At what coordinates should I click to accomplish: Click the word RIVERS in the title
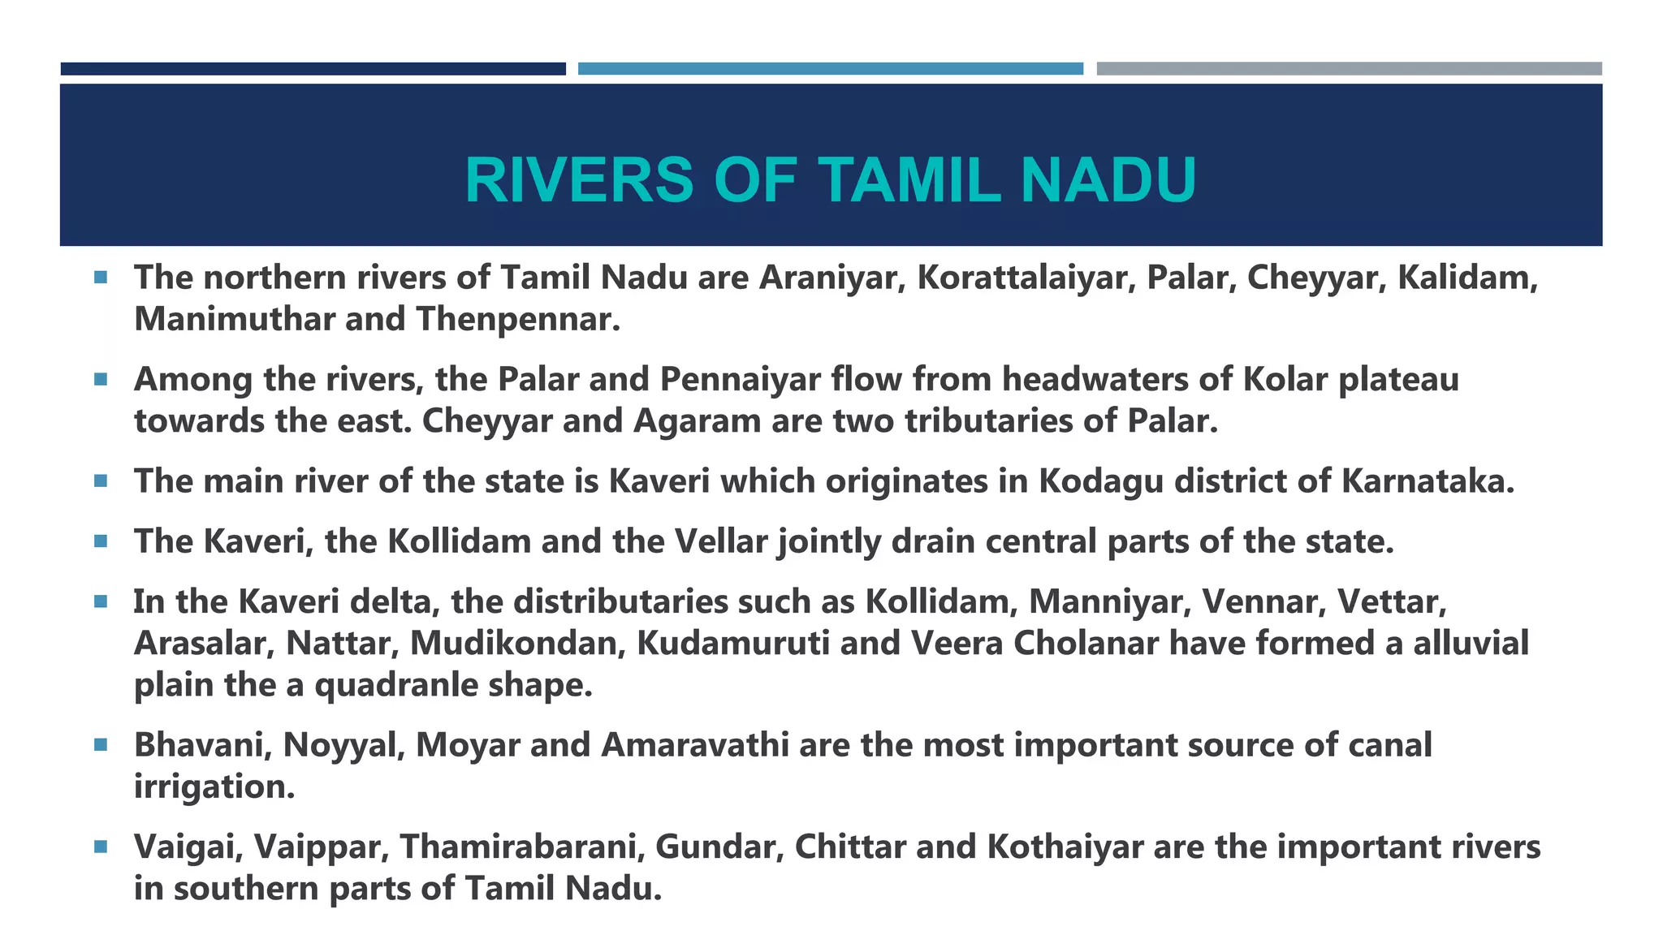(579, 180)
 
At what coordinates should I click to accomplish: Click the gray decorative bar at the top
(1349, 69)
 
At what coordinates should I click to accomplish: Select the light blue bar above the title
(830, 69)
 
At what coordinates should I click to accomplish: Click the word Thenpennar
(517, 319)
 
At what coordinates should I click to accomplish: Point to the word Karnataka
(1427, 480)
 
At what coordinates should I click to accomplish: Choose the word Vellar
(730, 541)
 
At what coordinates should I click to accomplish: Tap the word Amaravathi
(694, 745)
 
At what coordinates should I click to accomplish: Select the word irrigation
(214, 786)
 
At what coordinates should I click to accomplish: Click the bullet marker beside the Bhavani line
(101, 744)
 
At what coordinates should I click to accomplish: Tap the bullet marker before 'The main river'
(101, 480)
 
